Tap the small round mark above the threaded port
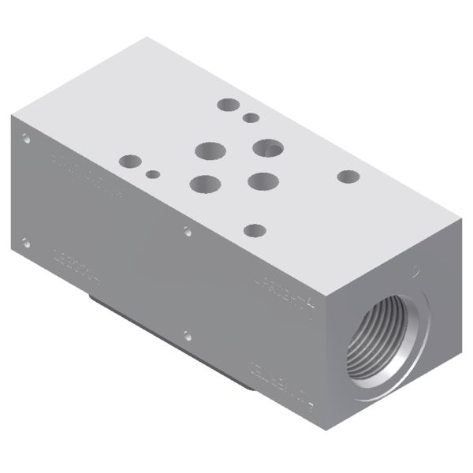point(416,272)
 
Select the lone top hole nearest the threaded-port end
point(348,177)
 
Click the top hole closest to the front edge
point(255,231)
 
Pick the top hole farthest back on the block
point(229,104)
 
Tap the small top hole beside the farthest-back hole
point(251,118)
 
